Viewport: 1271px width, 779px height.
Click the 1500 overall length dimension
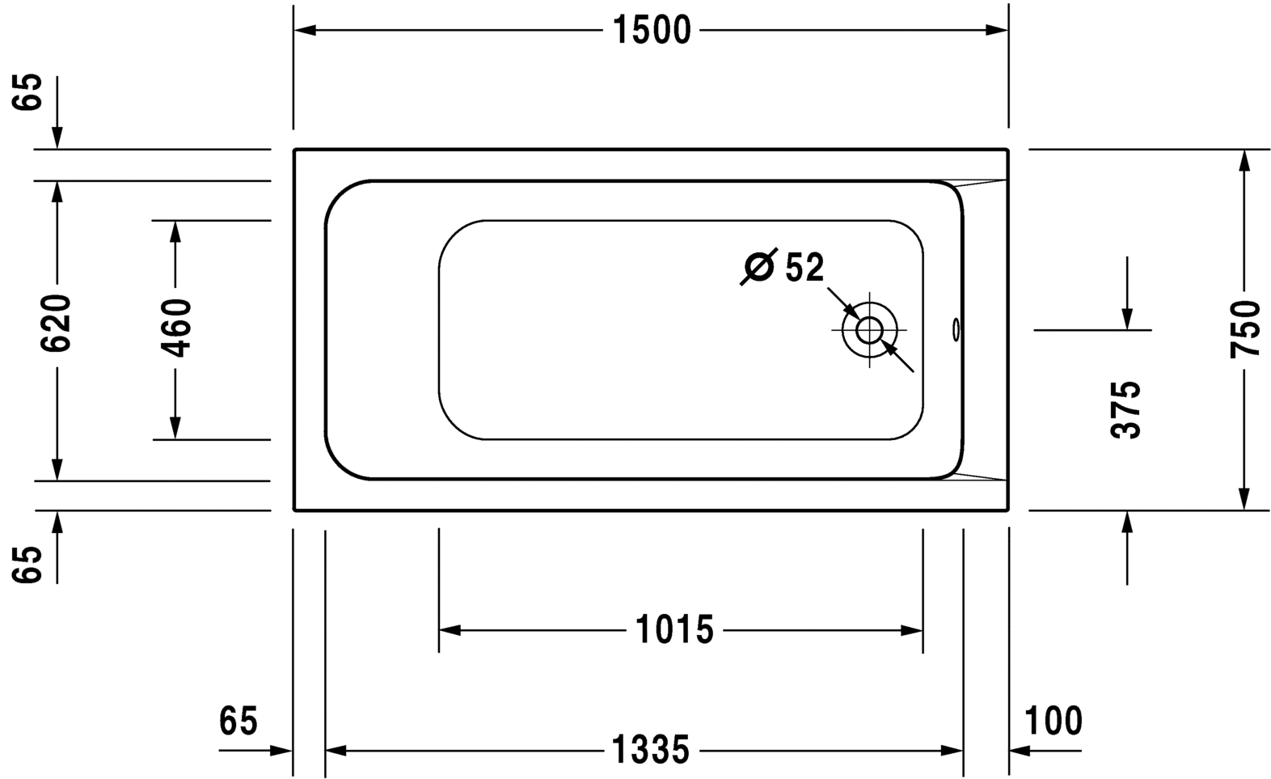652,31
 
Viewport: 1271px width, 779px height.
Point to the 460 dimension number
176,328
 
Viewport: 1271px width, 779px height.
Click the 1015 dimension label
674,630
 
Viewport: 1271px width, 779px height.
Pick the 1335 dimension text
650,751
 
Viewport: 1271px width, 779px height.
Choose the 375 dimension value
1126,409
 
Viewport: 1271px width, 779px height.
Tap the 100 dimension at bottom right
1053,721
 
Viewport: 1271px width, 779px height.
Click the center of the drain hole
869,330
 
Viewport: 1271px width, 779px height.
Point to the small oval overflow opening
956,329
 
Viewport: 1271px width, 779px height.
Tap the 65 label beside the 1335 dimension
238,721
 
